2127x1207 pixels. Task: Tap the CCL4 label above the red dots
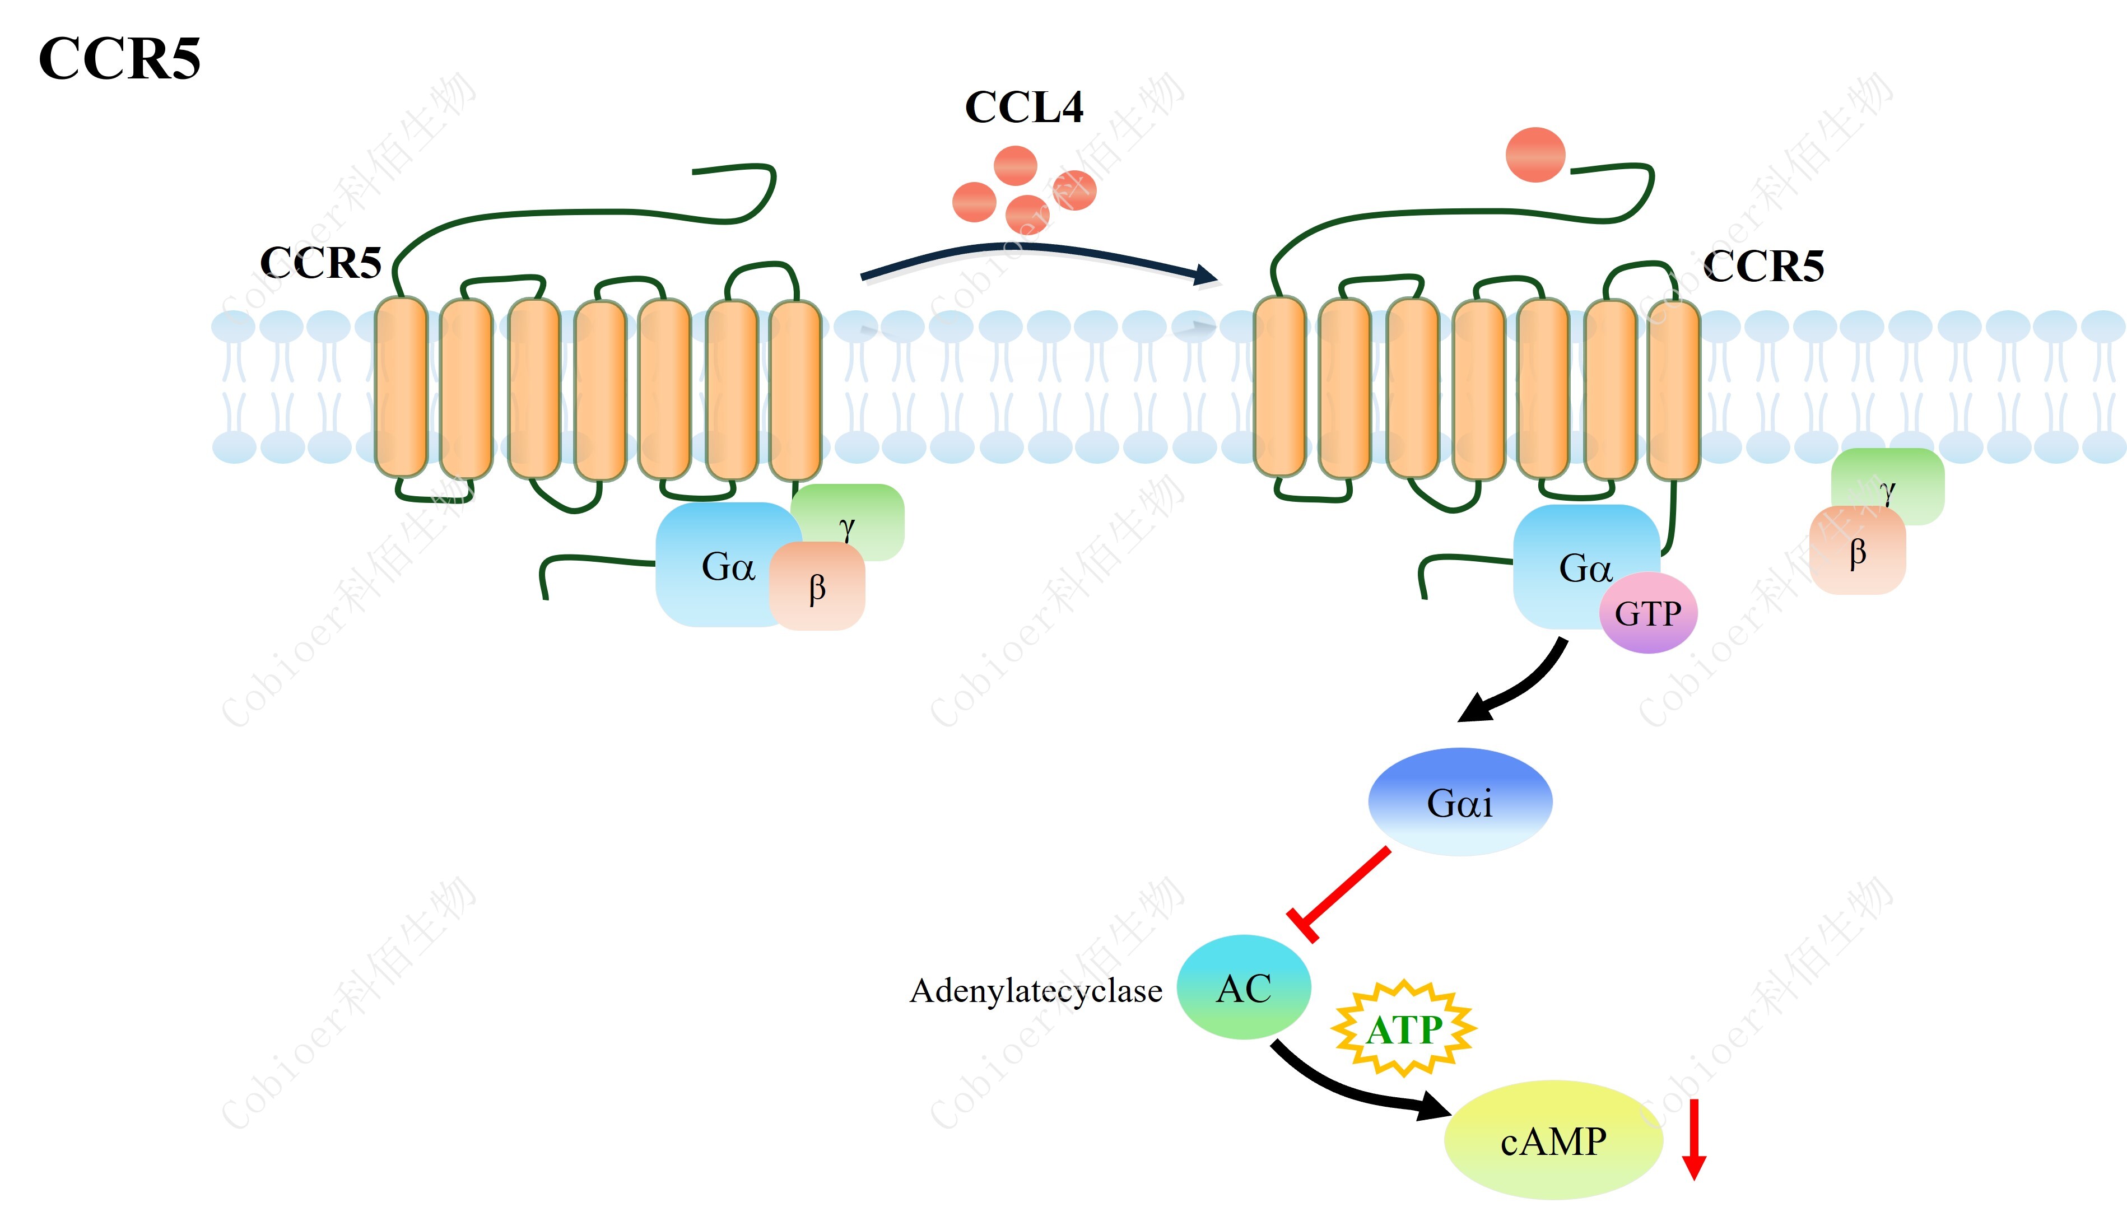[x=1023, y=108]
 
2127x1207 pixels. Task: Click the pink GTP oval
[x=1648, y=613]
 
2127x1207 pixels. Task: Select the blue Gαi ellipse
[x=1460, y=801]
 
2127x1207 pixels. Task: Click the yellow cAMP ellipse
[x=1553, y=1141]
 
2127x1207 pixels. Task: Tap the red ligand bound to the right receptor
[x=1535, y=154]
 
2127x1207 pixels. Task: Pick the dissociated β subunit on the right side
[x=1858, y=551]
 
